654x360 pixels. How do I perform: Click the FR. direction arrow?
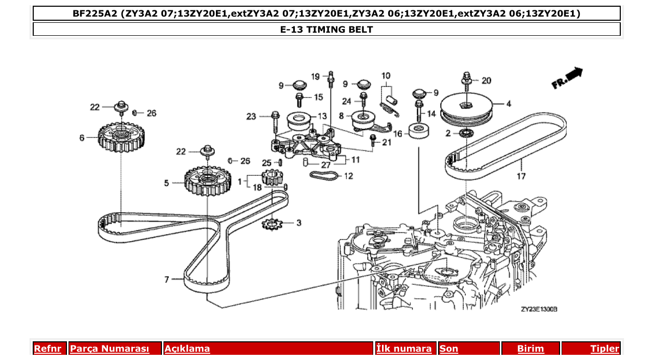(568, 78)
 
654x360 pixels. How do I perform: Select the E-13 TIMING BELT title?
(326, 29)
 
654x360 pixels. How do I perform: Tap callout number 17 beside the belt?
(521, 176)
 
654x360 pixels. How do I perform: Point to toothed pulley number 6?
(121, 138)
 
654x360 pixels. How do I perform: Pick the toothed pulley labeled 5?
(207, 182)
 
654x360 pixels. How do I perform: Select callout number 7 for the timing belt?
(167, 280)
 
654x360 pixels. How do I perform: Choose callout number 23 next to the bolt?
(252, 117)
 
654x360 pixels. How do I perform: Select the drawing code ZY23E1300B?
(539, 309)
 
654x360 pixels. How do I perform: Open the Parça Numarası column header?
(110, 349)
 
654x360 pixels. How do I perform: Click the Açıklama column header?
(187, 349)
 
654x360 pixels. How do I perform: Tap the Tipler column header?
(605, 349)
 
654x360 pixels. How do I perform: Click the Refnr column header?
(47, 349)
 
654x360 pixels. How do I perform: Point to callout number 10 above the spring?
(386, 76)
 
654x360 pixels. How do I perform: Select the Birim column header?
(530, 349)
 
